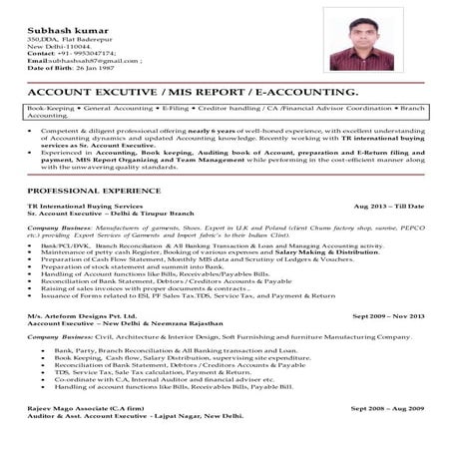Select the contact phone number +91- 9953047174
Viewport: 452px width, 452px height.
pyautogui.click(x=70, y=53)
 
